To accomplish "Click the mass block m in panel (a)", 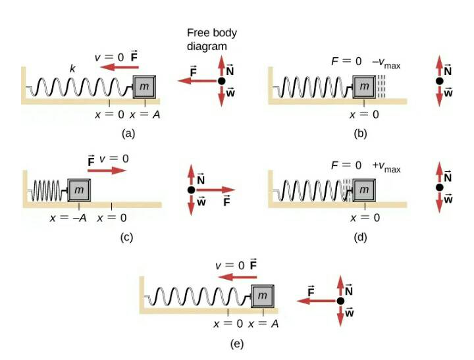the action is click(144, 87).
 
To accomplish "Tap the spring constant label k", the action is click(72, 69).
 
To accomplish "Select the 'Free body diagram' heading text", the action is click(211, 39).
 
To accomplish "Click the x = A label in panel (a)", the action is click(145, 115).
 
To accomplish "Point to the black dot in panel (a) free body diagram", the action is click(222, 81).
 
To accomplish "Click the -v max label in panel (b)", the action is click(386, 63).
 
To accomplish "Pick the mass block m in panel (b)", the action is click(364, 87).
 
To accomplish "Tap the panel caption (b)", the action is click(360, 134).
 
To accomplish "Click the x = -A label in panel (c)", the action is click(68, 218).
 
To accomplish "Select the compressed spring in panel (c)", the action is click(47, 190).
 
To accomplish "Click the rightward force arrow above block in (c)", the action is click(107, 170).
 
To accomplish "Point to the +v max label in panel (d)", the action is click(386, 167).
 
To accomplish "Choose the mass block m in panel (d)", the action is click(364, 190).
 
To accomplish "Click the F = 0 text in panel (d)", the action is click(346, 165).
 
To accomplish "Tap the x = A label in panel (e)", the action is click(263, 324).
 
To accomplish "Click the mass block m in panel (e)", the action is click(263, 296).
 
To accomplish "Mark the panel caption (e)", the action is click(237, 344).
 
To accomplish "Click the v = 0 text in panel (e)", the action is click(230, 265).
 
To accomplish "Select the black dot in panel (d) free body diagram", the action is click(440, 188).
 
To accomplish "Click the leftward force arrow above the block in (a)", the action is click(119, 67).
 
